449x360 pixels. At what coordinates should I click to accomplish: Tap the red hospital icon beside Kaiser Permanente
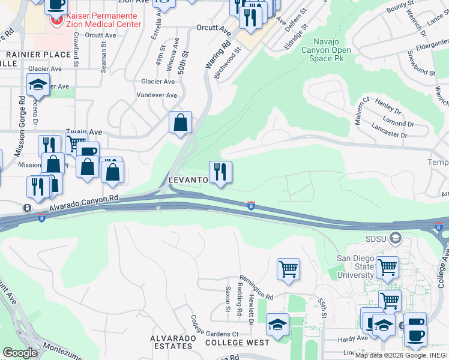click(57, 21)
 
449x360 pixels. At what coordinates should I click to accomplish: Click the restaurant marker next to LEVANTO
click(220, 173)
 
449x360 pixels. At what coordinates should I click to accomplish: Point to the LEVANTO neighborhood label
click(188, 180)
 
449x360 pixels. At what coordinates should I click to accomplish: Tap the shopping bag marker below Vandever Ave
click(180, 124)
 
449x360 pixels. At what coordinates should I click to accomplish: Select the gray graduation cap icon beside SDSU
click(395, 238)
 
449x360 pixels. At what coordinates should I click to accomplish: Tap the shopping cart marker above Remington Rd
click(288, 268)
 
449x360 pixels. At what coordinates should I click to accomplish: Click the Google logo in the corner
click(20, 352)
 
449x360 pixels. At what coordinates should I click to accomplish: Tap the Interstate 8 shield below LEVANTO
click(250, 206)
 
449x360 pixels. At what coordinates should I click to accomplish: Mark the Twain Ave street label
click(84, 132)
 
